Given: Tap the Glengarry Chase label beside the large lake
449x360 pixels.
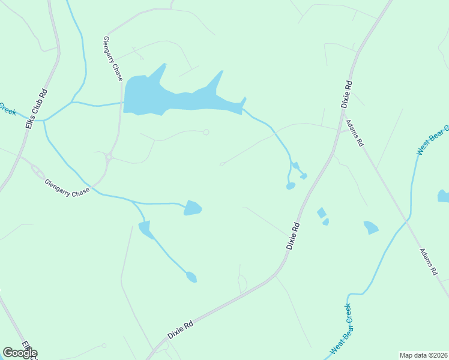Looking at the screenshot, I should click(113, 59).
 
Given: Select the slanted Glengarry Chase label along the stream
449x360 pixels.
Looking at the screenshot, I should click(67, 187).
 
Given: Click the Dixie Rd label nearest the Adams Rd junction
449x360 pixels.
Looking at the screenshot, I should click(346, 94).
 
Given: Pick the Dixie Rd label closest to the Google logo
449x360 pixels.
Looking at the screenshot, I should click(181, 330).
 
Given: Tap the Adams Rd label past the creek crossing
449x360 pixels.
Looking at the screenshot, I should click(429, 262).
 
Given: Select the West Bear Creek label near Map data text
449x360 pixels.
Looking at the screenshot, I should click(340, 329).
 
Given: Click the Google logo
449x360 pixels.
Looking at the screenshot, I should click(20, 353).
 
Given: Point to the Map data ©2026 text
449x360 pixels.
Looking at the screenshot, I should click(424, 355).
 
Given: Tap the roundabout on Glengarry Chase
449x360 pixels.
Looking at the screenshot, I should click(109, 158).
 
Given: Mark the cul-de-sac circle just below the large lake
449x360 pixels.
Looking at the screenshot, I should click(206, 132).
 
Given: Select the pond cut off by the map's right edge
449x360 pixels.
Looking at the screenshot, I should click(444, 196).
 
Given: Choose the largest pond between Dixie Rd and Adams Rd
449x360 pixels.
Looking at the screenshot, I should click(371, 227).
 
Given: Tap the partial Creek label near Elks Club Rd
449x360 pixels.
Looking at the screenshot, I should click(8, 108).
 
